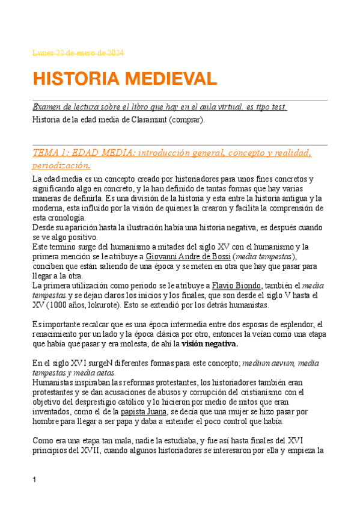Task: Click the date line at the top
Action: [78, 53]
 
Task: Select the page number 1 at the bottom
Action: [35, 479]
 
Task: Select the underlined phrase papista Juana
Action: [145, 412]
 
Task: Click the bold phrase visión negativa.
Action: [210, 345]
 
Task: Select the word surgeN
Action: [93, 363]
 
